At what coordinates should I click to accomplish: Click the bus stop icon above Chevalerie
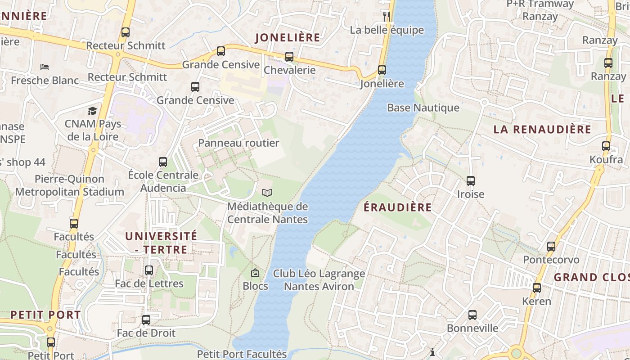pyautogui.click(x=289, y=57)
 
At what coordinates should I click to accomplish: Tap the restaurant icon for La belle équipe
pyautogui.click(x=386, y=17)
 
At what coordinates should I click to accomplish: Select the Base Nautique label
pyautogui.click(x=423, y=108)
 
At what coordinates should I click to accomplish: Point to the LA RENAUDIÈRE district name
pyautogui.click(x=542, y=130)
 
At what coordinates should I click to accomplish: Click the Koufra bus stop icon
pyautogui.click(x=606, y=146)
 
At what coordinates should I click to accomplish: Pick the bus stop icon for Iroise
pyautogui.click(x=471, y=181)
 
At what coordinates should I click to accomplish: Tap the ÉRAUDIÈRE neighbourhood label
pyautogui.click(x=397, y=207)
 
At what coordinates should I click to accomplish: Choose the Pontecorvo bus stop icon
pyautogui.click(x=551, y=246)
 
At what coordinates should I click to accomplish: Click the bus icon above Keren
pyautogui.click(x=537, y=288)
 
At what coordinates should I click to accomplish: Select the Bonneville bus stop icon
pyautogui.click(x=472, y=315)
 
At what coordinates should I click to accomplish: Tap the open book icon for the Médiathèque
pyautogui.click(x=267, y=193)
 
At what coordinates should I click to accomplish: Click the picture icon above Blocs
pyautogui.click(x=255, y=273)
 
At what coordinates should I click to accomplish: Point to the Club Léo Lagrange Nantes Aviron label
pyautogui.click(x=319, y=280)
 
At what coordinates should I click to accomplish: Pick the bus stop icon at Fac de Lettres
pyautogui.click(x=149, y=270)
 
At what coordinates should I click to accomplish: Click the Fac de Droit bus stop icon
pyautogui.click(x=146, y=320)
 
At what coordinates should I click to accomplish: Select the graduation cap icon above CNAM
pyautogui.click(x=92, y=111)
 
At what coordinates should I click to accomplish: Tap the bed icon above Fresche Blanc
pyautogui.click(x=45, y=67)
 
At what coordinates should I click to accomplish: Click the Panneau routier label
pyautogui.click(x=239, y=143)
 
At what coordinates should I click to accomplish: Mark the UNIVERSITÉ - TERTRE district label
pyautogui.click(x=161, y=243)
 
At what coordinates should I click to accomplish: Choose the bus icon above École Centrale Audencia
pyautogui.click(x=163, y=162)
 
